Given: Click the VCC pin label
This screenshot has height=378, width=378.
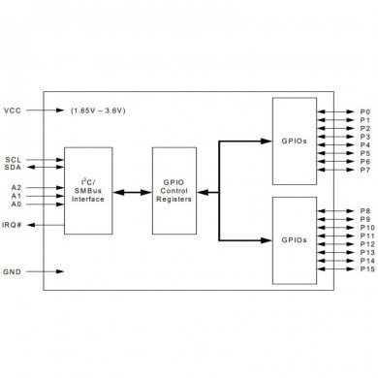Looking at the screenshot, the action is pyautogui.click(x=14, y=110).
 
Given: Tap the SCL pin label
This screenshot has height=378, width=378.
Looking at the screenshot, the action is pyautogui.click(x=13, y=159).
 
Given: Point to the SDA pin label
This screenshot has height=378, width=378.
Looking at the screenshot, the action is pyautogui.click(x=13, y=168).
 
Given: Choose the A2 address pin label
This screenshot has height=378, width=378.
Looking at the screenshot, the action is pyautogui.click(x=16, y=186).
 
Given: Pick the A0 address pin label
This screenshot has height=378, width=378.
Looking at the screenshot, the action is pyautogui.click(x=16, y=205).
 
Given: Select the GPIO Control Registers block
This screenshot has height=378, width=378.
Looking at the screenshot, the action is pyautogui.click(x=175, y=190).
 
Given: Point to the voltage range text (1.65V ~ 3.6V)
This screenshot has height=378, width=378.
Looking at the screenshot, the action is pyautogui.click(x=104, y=110).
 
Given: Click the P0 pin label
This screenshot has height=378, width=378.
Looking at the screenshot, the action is pyautogui.click(x=364, y=110).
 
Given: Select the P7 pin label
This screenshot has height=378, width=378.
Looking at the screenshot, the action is pyautogui.click(x=364, y=170).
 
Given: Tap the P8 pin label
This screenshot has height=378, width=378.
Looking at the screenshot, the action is pyautogui.click(x=364, y=209).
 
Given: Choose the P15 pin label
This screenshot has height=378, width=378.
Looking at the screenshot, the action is pyautogui.click(x=366, y=268).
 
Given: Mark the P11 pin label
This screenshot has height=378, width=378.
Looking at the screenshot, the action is pyautogui.click(x=366, y=235).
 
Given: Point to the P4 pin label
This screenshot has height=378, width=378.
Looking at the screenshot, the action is pyautogui.click(x=364, y=144).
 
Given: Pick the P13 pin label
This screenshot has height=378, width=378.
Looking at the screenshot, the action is pyautogui.click(x=366, y=252).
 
